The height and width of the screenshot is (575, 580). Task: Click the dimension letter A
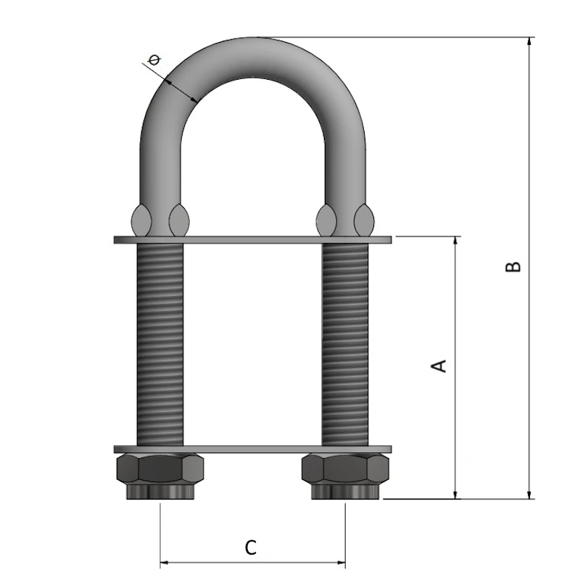(439, 365)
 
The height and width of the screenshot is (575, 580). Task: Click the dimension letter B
(513, 266)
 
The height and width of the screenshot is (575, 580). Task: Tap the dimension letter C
(251, 547)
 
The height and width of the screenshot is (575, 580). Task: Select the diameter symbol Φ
(154, 59)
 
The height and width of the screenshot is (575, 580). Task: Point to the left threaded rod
(159, 344)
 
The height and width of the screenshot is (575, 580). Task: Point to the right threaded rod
(345, 344)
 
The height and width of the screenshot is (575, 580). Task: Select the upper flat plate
(252, 239)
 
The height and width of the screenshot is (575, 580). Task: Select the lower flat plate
(252, 450)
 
